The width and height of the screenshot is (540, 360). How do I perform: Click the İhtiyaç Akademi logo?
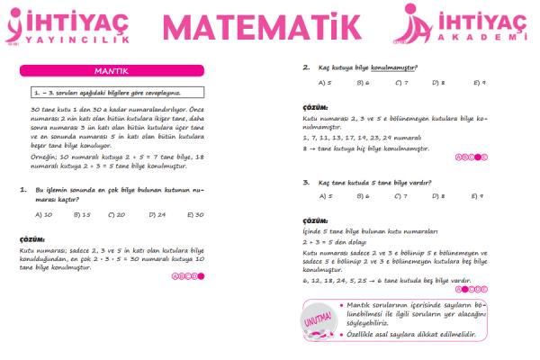464,25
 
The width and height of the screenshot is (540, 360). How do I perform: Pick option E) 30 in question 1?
195,214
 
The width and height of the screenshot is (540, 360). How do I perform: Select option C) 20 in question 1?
117,214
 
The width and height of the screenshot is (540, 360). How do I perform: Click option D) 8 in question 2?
438,83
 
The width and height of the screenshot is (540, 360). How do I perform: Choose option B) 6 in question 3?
363,195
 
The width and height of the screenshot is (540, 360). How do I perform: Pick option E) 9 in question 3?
477,195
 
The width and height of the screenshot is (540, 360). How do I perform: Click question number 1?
22,191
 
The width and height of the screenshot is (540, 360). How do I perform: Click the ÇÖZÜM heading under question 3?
316,220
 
